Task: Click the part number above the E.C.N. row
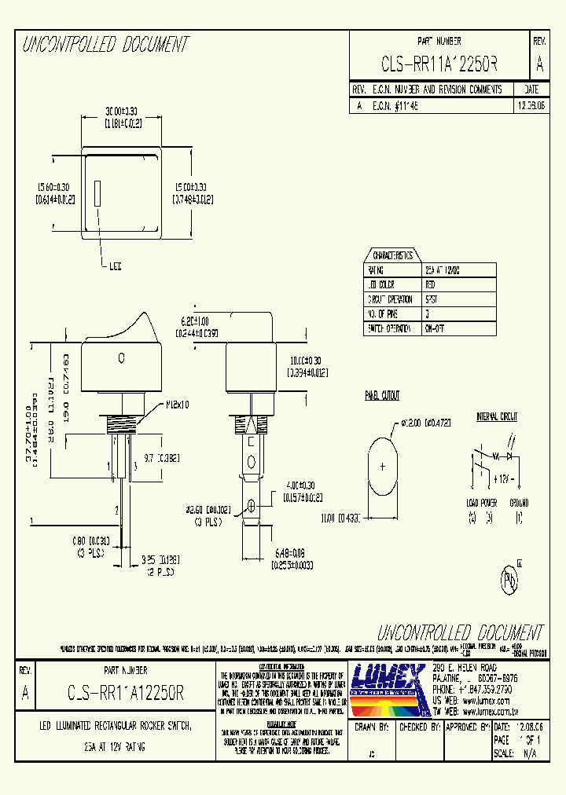coord(439,64)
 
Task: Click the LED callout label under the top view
coord(115,266)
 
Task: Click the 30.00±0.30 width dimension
coord(123,112)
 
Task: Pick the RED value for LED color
coord(431,284)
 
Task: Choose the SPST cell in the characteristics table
coord(432,299)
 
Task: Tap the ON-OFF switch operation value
coord(435,329)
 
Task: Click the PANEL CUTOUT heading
coord(382,395)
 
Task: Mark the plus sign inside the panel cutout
coord(383,467)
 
